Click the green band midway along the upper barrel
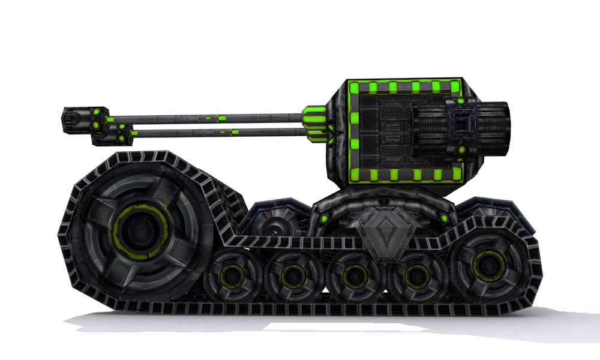point(221,118)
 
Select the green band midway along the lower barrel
point(235,131)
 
